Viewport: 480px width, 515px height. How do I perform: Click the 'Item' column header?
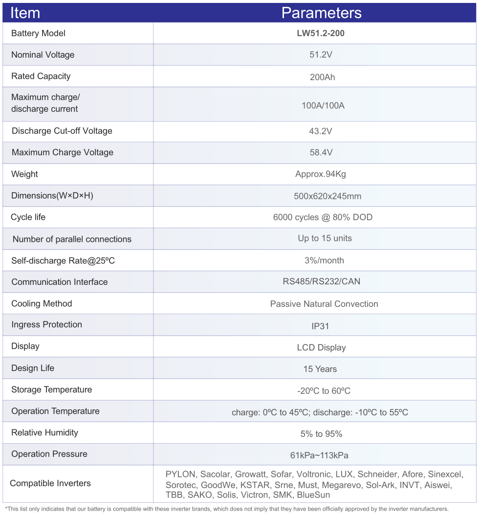tap(25, 13)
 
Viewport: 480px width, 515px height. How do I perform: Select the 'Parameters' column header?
tap(321, 13)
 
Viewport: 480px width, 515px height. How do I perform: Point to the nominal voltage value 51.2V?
tap(321, 55)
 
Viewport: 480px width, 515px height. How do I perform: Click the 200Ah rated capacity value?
tap(322, 77)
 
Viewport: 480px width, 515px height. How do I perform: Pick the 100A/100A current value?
tap(323, 105)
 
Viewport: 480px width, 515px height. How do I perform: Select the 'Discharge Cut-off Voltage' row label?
tap(62, 131)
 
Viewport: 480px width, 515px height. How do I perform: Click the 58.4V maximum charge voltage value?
tap(321, 152)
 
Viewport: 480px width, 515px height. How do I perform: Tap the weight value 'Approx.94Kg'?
tap(321, 174)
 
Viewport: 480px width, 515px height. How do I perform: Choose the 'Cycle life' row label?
tap(28, 217)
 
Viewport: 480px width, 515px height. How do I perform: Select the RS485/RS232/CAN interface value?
tap(321, 281)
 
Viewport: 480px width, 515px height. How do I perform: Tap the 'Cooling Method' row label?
tap(42, 303)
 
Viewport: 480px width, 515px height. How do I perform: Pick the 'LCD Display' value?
tap(321, 347)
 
